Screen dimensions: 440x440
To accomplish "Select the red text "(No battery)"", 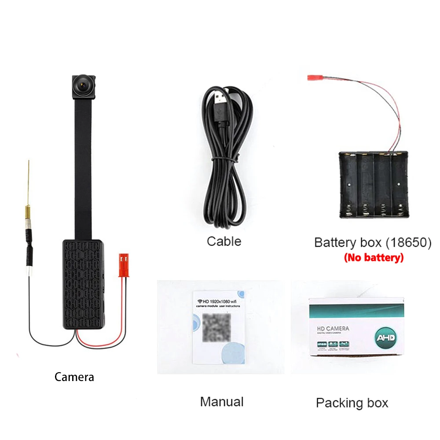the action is [x=374, y=258].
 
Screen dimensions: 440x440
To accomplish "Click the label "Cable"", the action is [x=224, y=241].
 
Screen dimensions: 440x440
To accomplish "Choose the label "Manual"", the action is [x=222, y=401].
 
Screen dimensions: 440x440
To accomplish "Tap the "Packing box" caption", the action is [x=352, y=403].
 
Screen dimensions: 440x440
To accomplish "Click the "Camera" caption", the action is [x=74, y=377].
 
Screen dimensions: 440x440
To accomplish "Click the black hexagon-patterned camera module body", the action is [x=83, y=282].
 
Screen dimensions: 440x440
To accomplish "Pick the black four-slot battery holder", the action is [x=373, y=185].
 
